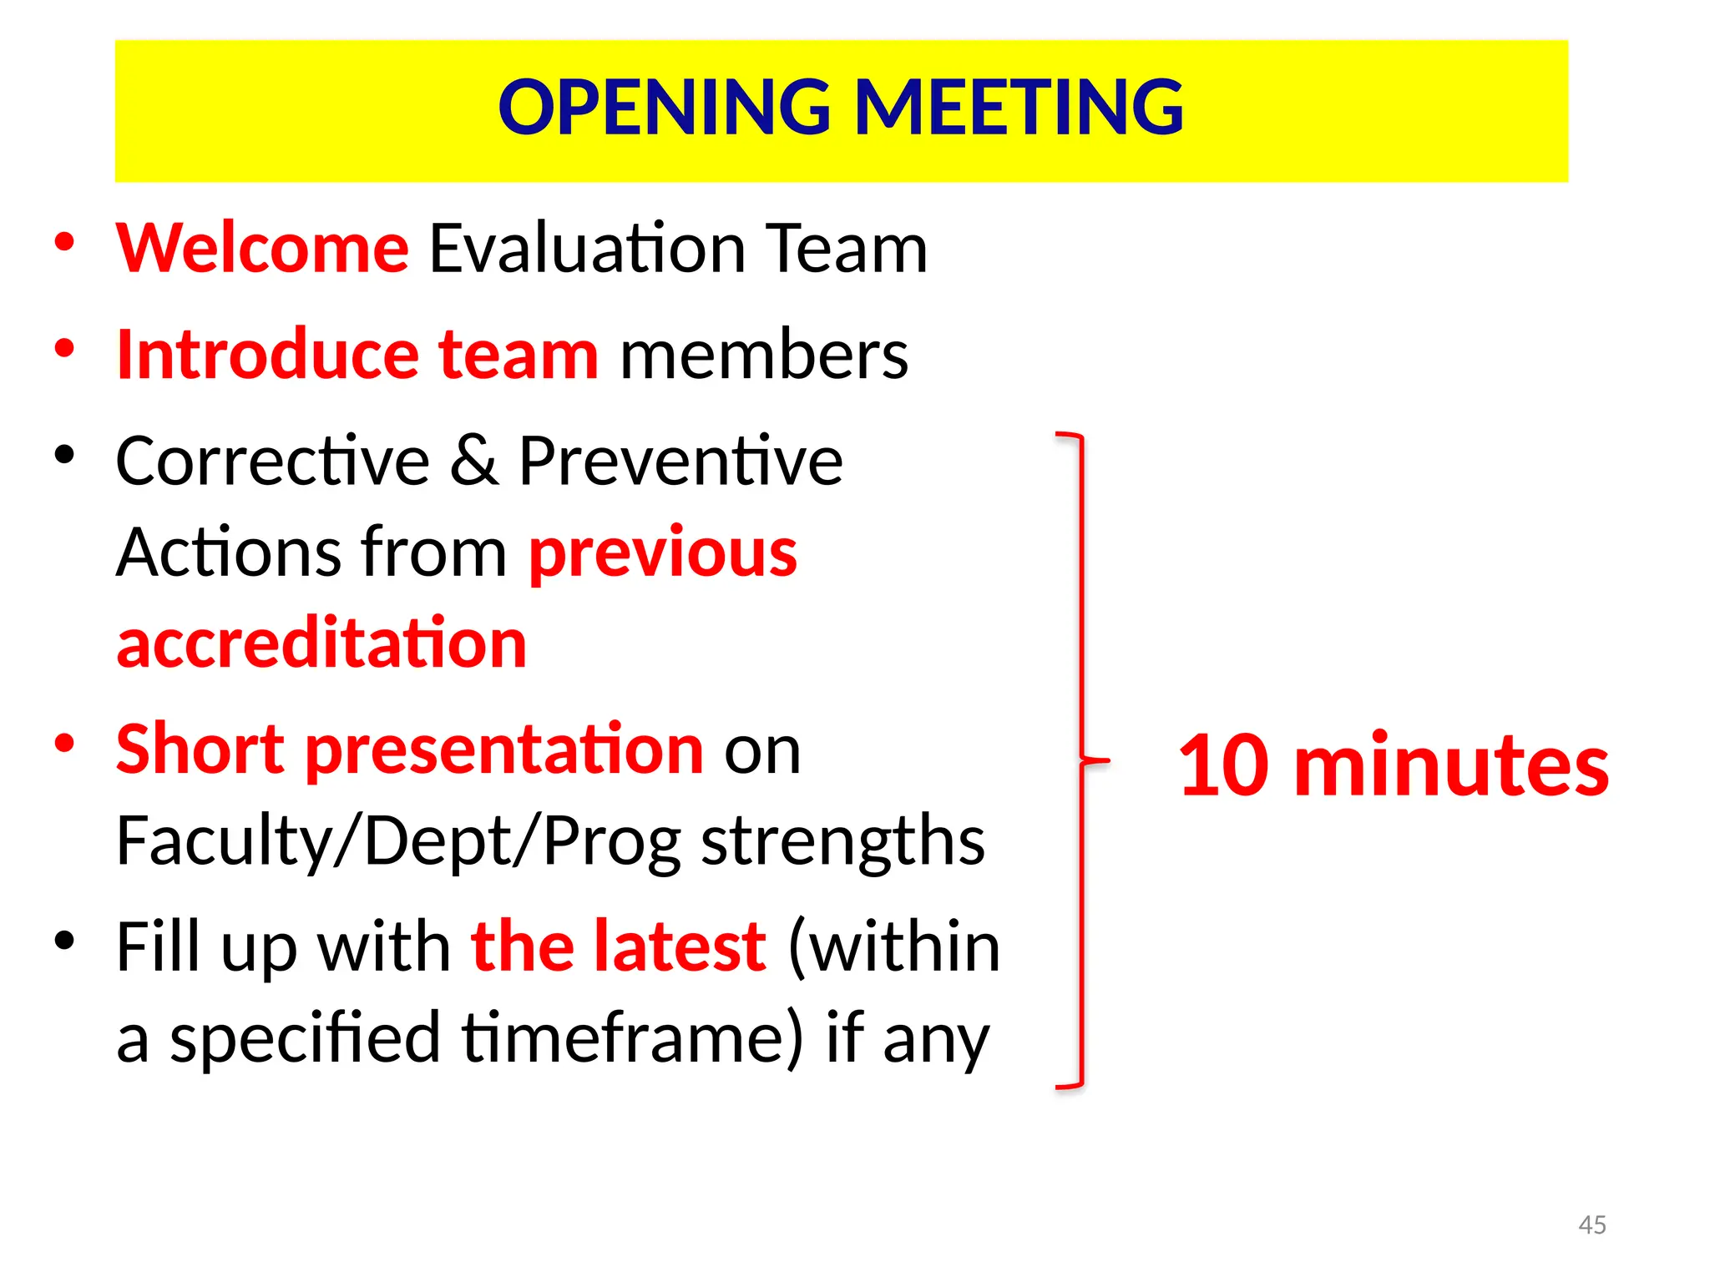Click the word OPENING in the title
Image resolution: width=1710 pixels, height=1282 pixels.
point(665,108)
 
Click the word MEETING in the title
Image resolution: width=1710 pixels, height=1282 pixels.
point(1019,108)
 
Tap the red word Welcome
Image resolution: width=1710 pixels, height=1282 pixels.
point(262,248)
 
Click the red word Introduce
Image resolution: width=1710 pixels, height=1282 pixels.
point(267,355)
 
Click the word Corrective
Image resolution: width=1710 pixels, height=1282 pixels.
point(272,461)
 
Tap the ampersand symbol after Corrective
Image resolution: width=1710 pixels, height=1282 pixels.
point(474,461)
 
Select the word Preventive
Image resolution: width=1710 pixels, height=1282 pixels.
point(680,461)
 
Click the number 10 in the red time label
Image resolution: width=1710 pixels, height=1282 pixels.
point(1225,765)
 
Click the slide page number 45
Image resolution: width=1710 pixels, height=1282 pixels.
point(1592,1224)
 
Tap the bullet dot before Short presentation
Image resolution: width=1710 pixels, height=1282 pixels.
point(65,742)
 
